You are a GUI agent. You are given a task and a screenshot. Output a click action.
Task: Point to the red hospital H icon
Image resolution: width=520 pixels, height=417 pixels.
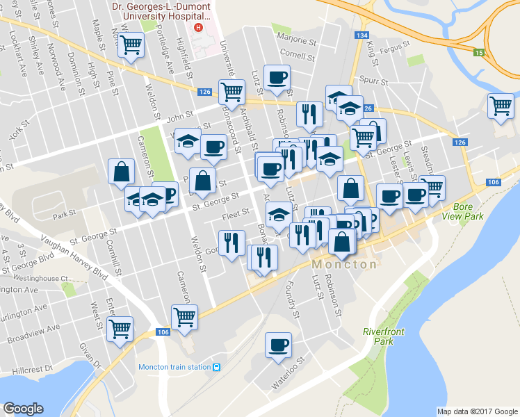coord(199,28)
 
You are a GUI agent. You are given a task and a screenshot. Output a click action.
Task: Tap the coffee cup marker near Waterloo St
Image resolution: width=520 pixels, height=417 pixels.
coord(278,345)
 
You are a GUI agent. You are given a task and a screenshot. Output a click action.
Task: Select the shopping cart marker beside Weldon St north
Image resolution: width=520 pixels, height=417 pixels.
coord(131,45)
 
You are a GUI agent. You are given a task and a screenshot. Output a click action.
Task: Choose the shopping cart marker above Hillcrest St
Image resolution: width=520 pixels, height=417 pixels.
coord(120,328)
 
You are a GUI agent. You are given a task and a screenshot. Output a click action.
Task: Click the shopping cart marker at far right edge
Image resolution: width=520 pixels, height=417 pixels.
coord(500,106)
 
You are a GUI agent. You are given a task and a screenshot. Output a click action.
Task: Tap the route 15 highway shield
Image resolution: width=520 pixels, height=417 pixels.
coord(478,52)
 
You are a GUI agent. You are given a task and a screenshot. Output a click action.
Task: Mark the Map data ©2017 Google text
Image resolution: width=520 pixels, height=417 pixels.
coord(477,411)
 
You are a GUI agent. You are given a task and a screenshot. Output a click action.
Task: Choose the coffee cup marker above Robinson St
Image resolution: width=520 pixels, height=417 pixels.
coord(277,78)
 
